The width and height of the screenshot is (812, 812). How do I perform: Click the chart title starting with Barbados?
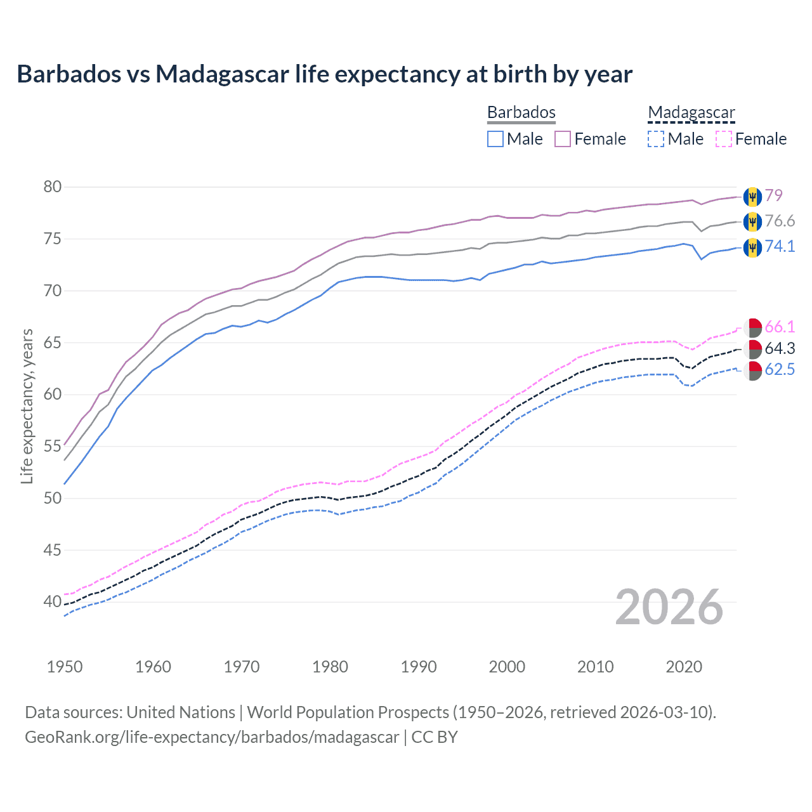coord(324,74)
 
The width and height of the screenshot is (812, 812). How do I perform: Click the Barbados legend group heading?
coord(521,112)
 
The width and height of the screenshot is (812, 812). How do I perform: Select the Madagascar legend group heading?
coord(691,112)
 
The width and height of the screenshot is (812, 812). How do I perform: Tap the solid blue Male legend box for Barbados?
coord(495,139)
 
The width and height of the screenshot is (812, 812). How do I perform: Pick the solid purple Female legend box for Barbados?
coord(563,139)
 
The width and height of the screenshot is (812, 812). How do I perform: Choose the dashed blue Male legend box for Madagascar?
coord(656,139)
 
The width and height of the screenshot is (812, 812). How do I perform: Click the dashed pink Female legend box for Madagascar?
coord(723,139)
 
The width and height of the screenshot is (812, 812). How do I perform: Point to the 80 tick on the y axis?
coord(53,187)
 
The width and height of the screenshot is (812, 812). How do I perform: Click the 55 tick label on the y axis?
coord(53,446)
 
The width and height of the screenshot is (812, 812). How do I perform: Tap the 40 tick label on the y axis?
coord(53,601)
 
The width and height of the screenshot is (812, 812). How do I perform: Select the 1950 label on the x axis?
coord(65,667)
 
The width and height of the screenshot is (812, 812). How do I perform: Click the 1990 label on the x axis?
coord(419,667)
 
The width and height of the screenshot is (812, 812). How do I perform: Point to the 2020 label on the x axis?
coord(684,667)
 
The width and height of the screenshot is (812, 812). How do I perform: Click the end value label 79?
coord(773,195)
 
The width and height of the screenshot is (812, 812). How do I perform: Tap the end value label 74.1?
coord(780,246)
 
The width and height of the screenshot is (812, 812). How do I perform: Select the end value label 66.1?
coord(780,327)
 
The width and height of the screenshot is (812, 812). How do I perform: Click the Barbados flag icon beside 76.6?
coord(752,221)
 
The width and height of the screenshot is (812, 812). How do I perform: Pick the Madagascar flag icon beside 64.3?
coord(752,348)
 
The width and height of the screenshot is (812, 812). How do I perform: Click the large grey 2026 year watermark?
coord(669,607)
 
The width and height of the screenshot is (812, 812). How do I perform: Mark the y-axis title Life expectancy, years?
coord(27,406)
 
